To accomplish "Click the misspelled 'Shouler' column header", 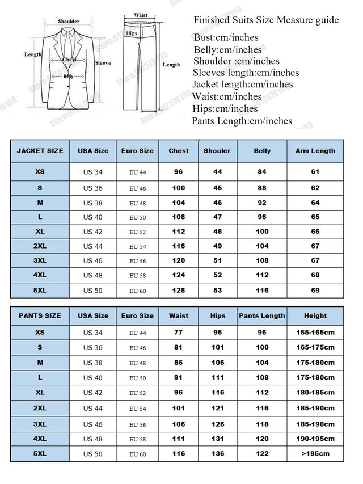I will [x=217, y=151].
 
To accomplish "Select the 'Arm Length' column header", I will [x=315, y=151].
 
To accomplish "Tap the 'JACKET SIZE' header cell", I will [x=40, y=151].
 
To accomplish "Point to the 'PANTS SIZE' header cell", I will [x=40, y=315].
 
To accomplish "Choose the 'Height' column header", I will [x=315, y=315].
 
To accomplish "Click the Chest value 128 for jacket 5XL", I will [x=179, y=290].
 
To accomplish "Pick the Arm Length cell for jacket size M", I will [x=315, y=203].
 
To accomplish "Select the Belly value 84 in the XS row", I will [x=262, y=172].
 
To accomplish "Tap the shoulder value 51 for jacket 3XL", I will [x=217, y=261].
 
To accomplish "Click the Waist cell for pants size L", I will [x=179, y=377].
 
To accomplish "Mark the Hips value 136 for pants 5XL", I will [x=217, y=453].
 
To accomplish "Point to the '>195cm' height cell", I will [x=315, y=453].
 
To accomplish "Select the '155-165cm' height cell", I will [x=315, y=333].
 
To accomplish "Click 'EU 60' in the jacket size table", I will [x=137, y=291].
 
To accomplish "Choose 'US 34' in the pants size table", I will [x=93, y=333].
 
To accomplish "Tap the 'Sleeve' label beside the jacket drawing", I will [x=103, y=63].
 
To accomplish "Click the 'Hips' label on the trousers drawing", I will [x=132, y=33].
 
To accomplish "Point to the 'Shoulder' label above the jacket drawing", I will [x=69, y=22].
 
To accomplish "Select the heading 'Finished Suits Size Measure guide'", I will [x=266, y=20].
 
